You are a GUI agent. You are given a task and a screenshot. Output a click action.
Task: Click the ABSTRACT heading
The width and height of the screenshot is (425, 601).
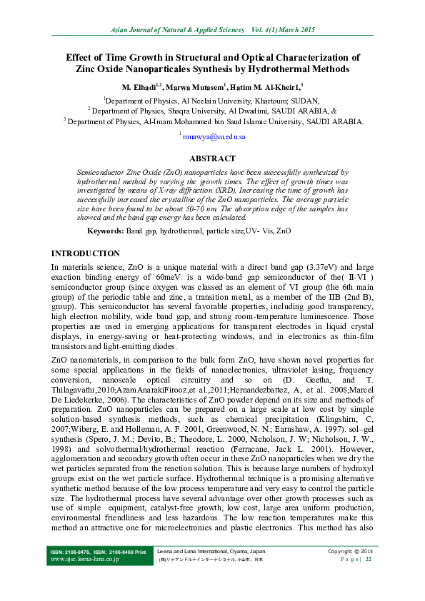[x=211, y=158]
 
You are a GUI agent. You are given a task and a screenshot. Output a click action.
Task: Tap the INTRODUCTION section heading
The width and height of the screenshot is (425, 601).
[x=86, y=253]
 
